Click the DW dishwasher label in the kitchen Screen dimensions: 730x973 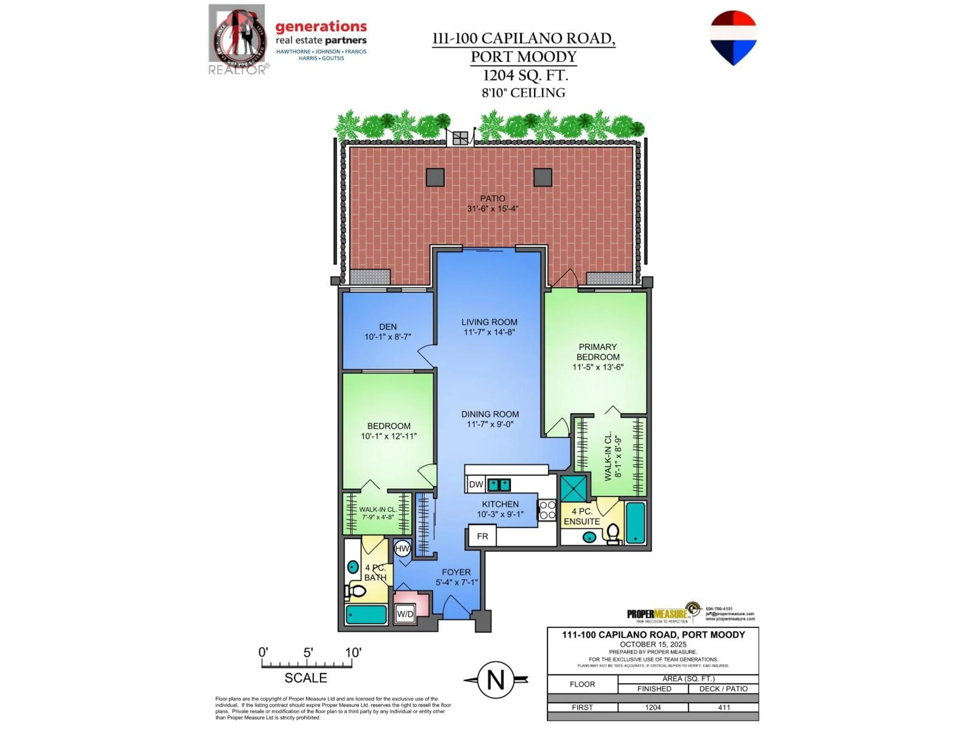[x=476, y=484]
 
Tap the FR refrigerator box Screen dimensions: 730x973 [x=482, y=536]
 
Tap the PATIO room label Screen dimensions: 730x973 [x=492, y=198]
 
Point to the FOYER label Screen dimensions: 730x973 [x=456, y=572]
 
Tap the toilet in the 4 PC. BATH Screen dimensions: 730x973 [x=355, y=591]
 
